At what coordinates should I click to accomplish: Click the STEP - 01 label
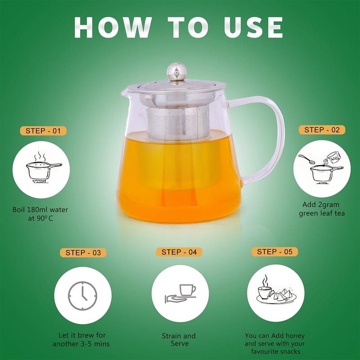pyautogui.click(x=43, y=131)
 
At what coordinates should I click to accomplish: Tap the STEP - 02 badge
pyautogui.click(x=322, y=130)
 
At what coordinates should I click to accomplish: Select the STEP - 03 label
pyautogui.click(x=83, y=253)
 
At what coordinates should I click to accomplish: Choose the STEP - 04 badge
pyautogui.click(x=179, y=252)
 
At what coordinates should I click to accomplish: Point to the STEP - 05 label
pyautogui.click(x=274, y=252)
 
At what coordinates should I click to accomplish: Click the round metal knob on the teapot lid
pyautogui.click(x=176, y=71)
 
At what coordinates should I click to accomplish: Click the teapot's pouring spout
pyautogui.click(x=126, y=93)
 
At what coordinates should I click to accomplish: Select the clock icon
pyautogui.click(x=83, y=296)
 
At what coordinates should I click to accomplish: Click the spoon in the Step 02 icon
pyautogui.click(x=306, y=159)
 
